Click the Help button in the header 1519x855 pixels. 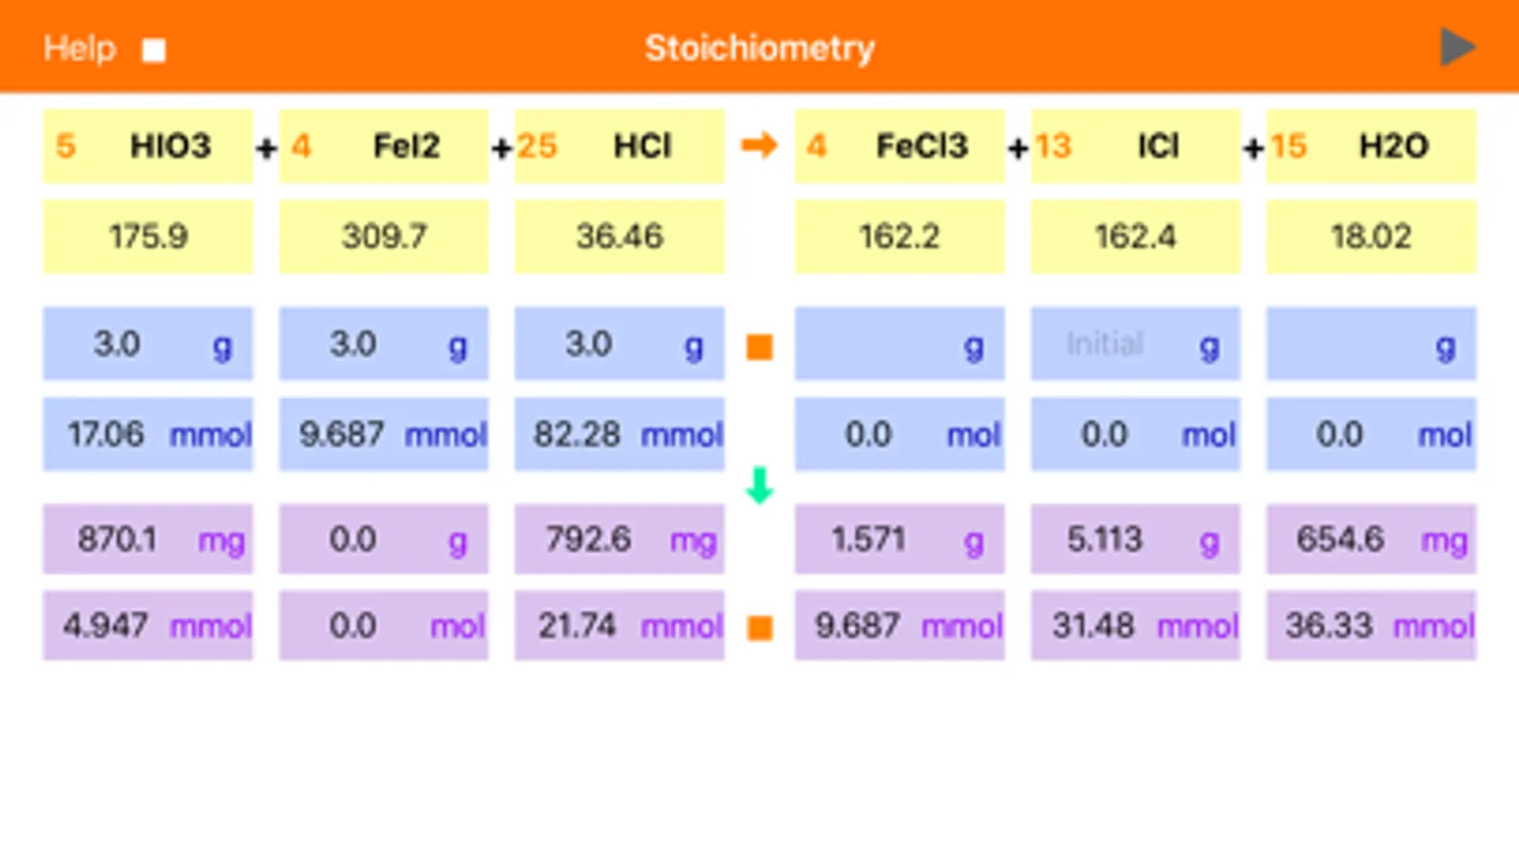[x=79, y=48]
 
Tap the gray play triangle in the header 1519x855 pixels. [x=1456, y=47]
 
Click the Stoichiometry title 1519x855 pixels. [x=759, y=48]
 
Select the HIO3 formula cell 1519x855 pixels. [x=170, y=146]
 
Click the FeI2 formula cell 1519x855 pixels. [x=406, y=146]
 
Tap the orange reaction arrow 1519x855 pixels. [x=759, y=145]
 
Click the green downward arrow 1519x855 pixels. [x=759, y=485]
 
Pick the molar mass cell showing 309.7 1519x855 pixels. [x=384, y=237]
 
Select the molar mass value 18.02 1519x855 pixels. [x=1371, y=237]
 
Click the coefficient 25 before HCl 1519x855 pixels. [x=537, y=146]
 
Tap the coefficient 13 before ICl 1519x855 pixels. [x=1053, y=146]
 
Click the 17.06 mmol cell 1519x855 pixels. [x=147, y=435]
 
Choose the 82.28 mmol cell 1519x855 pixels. [x=618, y=435]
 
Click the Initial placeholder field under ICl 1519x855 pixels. [x=1105, y=344]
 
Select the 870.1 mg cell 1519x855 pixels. [x=147, y=540]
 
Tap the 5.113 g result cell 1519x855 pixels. [x=1135, y=540]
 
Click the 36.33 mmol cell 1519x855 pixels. [x=1371, y=626]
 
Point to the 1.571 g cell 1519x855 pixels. [x=900, y=540]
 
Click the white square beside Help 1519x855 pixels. [x=154, y=50]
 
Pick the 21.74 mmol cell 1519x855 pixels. [x=618, y=626]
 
